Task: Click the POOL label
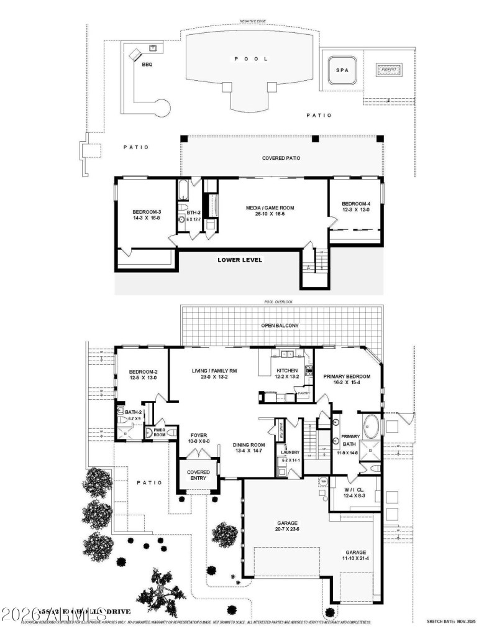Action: click(251, 59)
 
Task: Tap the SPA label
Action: click(342, 70)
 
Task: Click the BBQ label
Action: click(147, 65)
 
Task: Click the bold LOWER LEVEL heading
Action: click(239, 260)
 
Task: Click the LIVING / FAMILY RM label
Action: click(214, 371)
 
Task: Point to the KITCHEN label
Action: click(286, 371)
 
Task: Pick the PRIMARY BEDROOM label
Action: click(347, 377)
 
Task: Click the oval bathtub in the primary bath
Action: click(372, 428)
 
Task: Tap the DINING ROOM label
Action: click(249, 444)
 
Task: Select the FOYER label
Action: click(199, 436)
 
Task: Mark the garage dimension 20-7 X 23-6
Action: click(287, 530)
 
